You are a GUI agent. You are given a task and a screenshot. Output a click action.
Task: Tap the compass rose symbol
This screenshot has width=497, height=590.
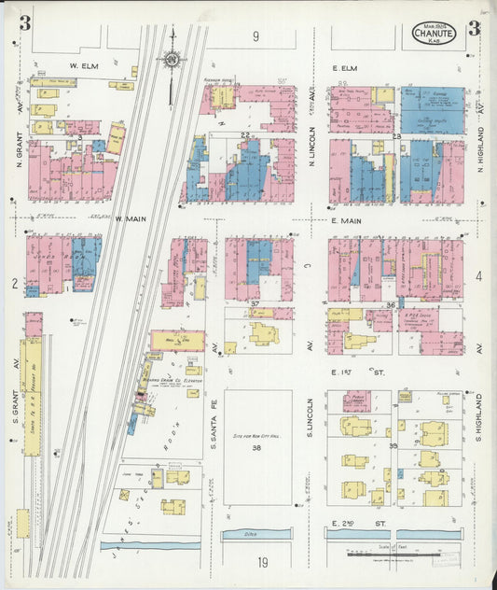coord(172,62)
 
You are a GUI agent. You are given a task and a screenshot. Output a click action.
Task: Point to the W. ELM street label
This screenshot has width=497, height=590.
coord(84,66)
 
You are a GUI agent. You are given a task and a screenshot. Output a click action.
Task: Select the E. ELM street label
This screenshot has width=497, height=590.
coord(344,67)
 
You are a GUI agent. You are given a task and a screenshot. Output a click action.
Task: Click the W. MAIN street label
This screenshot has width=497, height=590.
coord(132,220)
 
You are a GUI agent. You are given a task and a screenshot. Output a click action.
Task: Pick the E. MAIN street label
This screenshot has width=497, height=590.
coord(345,221)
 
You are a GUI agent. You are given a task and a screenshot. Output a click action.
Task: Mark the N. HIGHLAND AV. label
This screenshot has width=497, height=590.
coord(481,140)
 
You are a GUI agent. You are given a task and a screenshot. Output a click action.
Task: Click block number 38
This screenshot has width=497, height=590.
coord(256,448)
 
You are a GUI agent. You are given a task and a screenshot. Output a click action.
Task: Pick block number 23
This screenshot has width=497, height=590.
coord(396,137)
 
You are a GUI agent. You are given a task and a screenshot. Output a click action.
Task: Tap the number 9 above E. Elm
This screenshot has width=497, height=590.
coord(255,36)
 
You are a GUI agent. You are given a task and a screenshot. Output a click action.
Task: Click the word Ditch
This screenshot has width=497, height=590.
coord(256,534)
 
